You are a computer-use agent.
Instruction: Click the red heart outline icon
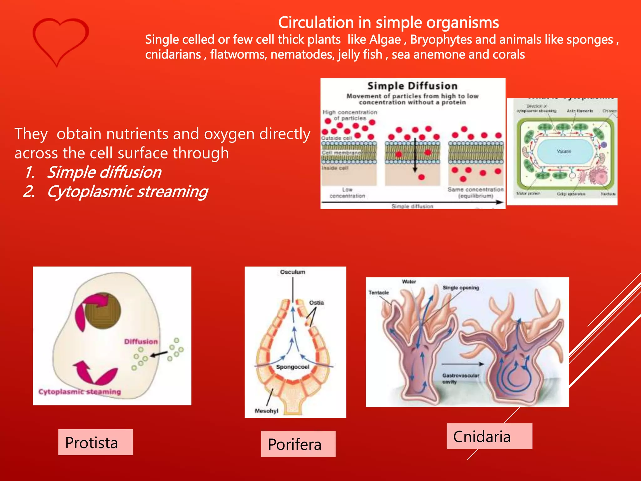pyautogui.click(x=60, y=41)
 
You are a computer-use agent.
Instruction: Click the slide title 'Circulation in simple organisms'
pyautogui.click(x=388, y=23)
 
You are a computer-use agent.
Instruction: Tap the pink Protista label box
pyautogui.click(x=95, y=442)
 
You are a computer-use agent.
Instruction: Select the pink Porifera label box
pyautogui.click(x=298, y=444)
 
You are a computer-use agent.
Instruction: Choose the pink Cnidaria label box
pyautogui.click(x=489, y=436)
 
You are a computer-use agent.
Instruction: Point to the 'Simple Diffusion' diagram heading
pyautogui.click(x=412, y=86)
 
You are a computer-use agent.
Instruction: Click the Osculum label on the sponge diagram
pyautogui.click(x=292, y=272)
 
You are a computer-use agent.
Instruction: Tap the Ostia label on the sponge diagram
pyautogui.click(x=316, y=303)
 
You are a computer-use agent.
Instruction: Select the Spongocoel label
pyautogui.click(x=292, y=367)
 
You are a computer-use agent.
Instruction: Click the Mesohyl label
pyautogui.click(x=266, y=411)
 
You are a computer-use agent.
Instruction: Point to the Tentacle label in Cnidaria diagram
pyautogui.click(x=378, y=292)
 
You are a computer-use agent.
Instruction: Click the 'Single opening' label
pyautogui.click(x=460, y=288)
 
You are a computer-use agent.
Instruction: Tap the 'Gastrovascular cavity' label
pyautogui.click(x=460, y=378)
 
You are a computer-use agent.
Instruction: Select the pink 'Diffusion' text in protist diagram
pyautogui.click(x=141, y=342)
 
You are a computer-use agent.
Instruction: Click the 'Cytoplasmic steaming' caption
pyautogui.click(x=79, y=392)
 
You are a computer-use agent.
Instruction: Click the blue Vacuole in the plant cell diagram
pyautogui.click(x=564, y=152)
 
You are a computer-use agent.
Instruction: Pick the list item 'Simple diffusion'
pyautogui.click(x=104, y=172)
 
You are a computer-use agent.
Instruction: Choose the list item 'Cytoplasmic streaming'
pyautogui.click(x=127, y=192)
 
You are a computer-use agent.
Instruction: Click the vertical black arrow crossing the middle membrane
pyautogui.click(x=415, y=155)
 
